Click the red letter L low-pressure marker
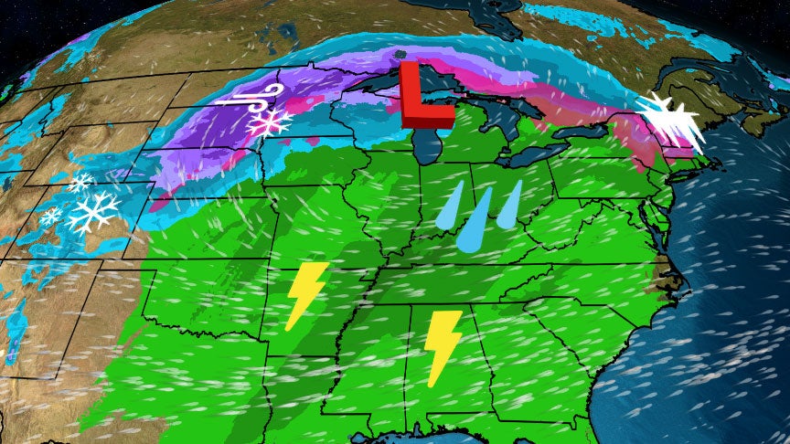click(422, 94)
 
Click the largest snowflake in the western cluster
click(94, 212)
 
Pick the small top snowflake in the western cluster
click(82, 182)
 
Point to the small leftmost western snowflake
click(50, 217)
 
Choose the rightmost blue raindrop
click(510, 204)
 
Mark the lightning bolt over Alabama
click(443, 345)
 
